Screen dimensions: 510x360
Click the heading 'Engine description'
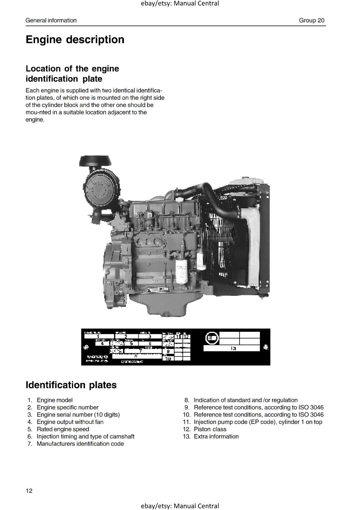pos(75,40)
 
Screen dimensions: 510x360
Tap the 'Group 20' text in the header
pos(311,20)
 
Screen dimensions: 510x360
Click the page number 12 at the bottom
pos(29,491)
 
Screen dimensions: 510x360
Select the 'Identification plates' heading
pos(71,385)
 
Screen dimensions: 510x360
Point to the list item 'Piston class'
pos(210,429)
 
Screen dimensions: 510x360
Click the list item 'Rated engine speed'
pos(63,429)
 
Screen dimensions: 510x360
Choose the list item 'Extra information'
pos(216,436)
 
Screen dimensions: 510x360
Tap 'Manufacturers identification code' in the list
pos(80,444)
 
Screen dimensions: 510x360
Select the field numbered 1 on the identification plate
pos(98,336)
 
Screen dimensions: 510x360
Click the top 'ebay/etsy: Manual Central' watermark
pos(180,4)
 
